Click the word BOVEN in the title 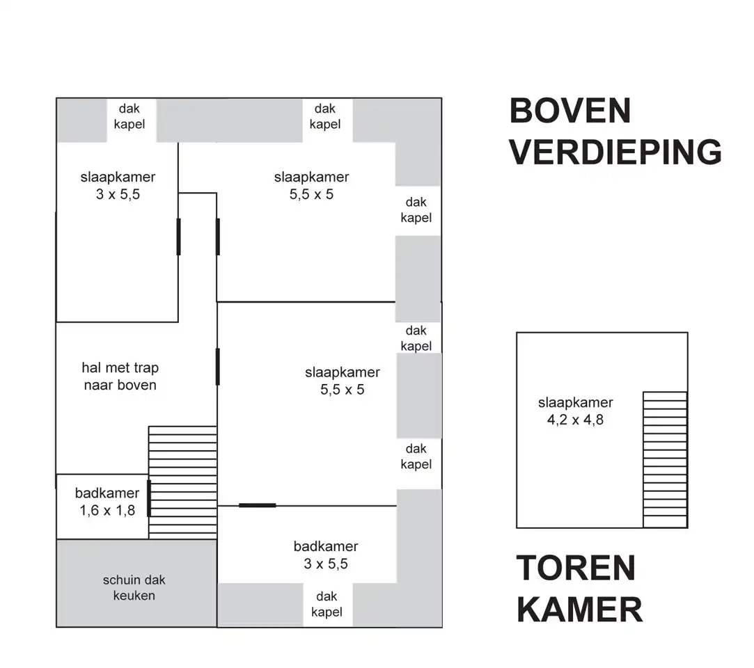(570, 111)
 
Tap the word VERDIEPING (615, 152)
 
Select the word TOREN (576, 568)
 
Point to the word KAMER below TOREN (579, 610)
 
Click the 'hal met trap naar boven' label (120, 376)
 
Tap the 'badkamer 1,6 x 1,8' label (107, 502)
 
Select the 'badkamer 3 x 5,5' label (326, 555)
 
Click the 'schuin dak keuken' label (134, 588)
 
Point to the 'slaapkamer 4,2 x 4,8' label (576, 411)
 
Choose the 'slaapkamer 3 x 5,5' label (118, 186)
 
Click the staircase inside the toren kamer (665, 460)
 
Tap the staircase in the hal (182, 482)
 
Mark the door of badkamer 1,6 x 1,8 (149, 498)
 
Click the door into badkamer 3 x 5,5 (258, 505)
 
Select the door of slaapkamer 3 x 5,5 (178, 237)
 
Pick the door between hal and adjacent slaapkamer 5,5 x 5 (217, 367)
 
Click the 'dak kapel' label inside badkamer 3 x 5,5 (327, 604)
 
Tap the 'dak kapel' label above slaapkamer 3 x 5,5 (129, 116)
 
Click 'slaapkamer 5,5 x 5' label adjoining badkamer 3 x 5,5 (343, 381)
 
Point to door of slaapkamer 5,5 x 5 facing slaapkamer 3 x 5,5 (218, 237)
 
